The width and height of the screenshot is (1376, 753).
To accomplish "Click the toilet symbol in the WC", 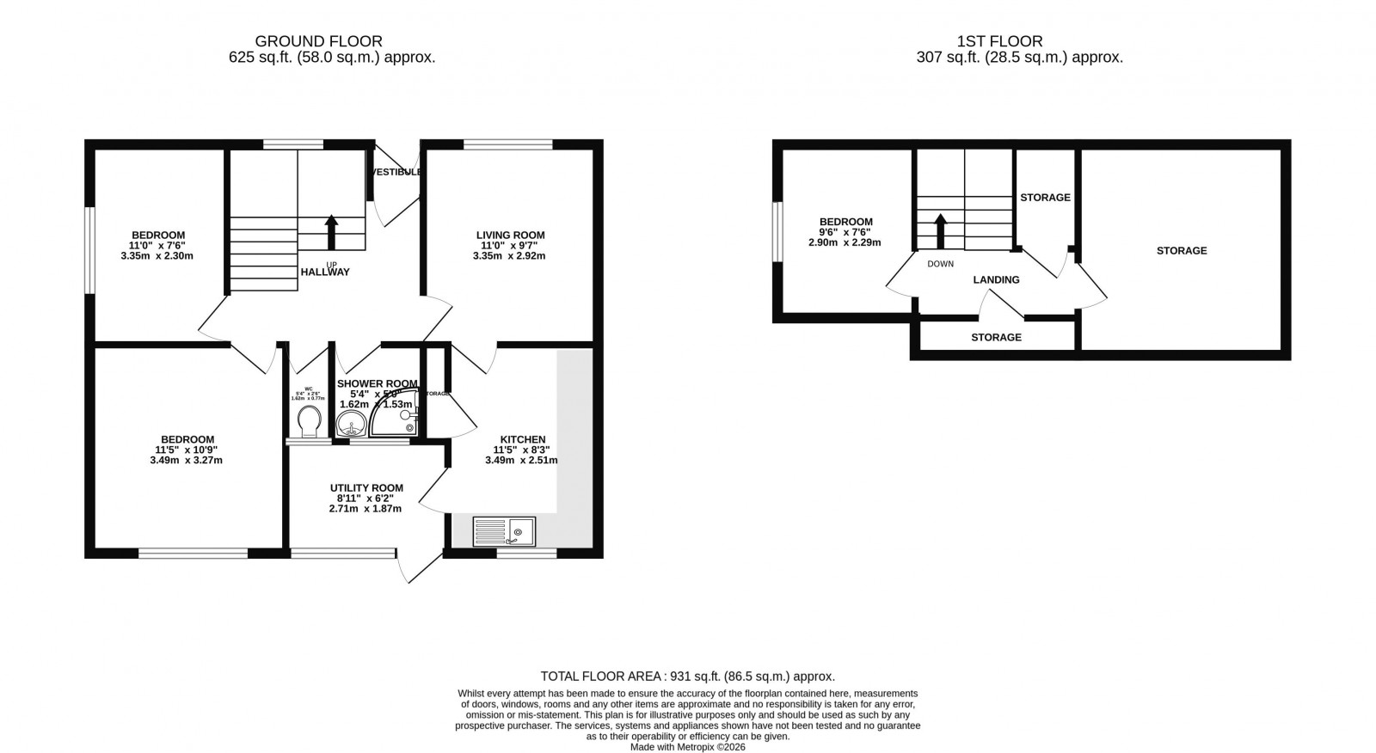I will [x=308, y=421].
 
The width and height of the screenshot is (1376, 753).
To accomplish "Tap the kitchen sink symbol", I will [x=504, y=531].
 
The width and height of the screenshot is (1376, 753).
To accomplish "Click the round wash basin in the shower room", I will [x=351, y=423].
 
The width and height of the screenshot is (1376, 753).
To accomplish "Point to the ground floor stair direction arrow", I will [x=331, y=231].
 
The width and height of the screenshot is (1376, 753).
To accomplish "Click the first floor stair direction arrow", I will [x=940, y=230].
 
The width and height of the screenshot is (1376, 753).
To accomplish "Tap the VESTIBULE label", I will [x=396, y=172].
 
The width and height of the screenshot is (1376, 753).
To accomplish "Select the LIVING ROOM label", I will [x=511, y=235].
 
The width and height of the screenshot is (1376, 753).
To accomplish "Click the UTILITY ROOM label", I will [x=366, y=487].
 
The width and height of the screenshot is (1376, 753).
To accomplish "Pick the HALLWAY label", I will [x=325, y=272].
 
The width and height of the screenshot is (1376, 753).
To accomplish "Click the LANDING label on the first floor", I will [x=996, y=279].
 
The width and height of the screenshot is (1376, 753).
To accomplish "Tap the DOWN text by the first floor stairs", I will [x=940, y=264].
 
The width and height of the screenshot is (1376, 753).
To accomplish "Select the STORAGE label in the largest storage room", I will [x=1181, y=250].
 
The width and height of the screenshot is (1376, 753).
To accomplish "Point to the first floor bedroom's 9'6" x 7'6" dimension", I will [x=845, y=232].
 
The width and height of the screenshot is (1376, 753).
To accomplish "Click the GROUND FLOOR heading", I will [x=318, y=41].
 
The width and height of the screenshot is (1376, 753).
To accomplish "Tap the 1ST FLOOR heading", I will [x=999, y=41].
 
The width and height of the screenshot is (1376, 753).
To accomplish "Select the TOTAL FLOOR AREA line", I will [x=687, y=676].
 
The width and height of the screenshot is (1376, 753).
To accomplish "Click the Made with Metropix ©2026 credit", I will [x=687, y=747].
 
